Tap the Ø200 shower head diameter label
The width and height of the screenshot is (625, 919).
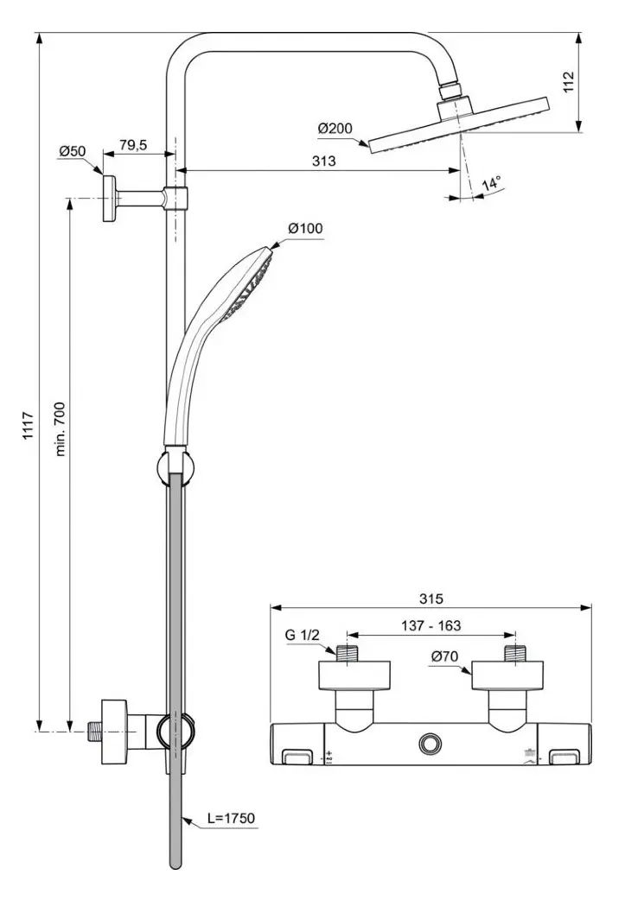tap(335, 129)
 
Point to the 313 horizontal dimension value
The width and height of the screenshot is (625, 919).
tap(324, 162)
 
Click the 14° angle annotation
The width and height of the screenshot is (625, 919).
tap(491, 183)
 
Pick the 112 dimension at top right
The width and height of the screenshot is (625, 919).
tap(567, 82)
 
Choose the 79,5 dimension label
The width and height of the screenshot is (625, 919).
tap(132, 145)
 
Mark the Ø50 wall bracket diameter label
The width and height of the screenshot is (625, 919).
tap(73, 151)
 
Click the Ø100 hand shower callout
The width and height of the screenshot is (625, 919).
tap(305, 228)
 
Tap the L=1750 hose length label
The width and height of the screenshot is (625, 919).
tap(231, 817)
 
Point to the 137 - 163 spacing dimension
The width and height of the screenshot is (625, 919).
tap(431, 626)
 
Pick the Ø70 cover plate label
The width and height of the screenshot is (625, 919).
tap(445, 657)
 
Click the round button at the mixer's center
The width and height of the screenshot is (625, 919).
tap(430, 743)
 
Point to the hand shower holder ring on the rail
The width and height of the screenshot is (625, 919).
tap(175, 469)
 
